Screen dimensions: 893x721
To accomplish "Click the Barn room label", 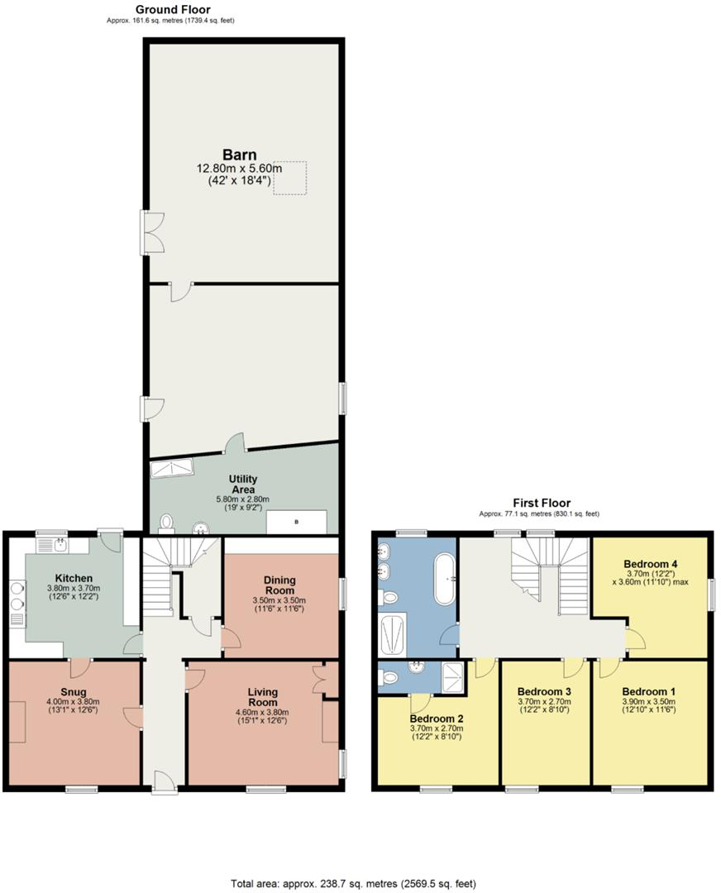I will click(238, 155).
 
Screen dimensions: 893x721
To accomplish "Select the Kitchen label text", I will click(74, 578).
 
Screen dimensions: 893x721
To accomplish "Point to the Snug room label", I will click(73, 692).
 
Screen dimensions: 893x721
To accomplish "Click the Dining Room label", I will click(279, 585).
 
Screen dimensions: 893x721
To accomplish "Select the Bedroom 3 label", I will click(543, 691).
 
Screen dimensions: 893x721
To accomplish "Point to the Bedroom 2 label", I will click(437, 718).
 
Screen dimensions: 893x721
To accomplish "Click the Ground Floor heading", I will click(172, 10).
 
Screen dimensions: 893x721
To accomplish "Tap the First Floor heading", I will click(542, 503).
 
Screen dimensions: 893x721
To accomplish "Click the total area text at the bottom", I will click(353, 884).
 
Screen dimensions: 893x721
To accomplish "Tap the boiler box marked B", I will click(295, 523).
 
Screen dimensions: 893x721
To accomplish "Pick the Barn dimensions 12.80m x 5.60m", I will click(238, 169).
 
